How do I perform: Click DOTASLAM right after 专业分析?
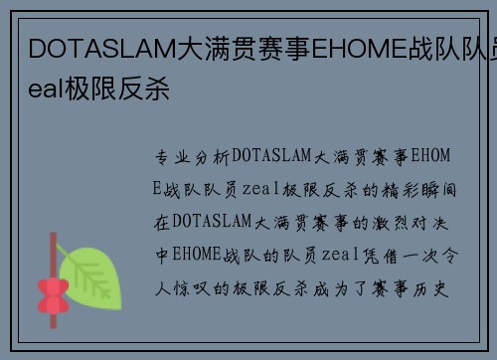271,157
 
